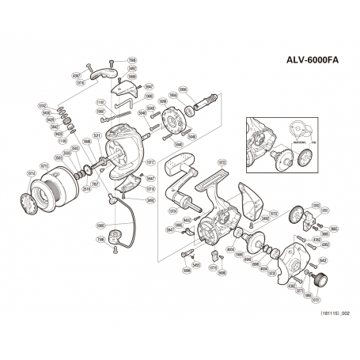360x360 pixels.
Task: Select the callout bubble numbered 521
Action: (x=97, y=137)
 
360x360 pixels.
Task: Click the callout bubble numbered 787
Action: (x=95, y=184)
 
